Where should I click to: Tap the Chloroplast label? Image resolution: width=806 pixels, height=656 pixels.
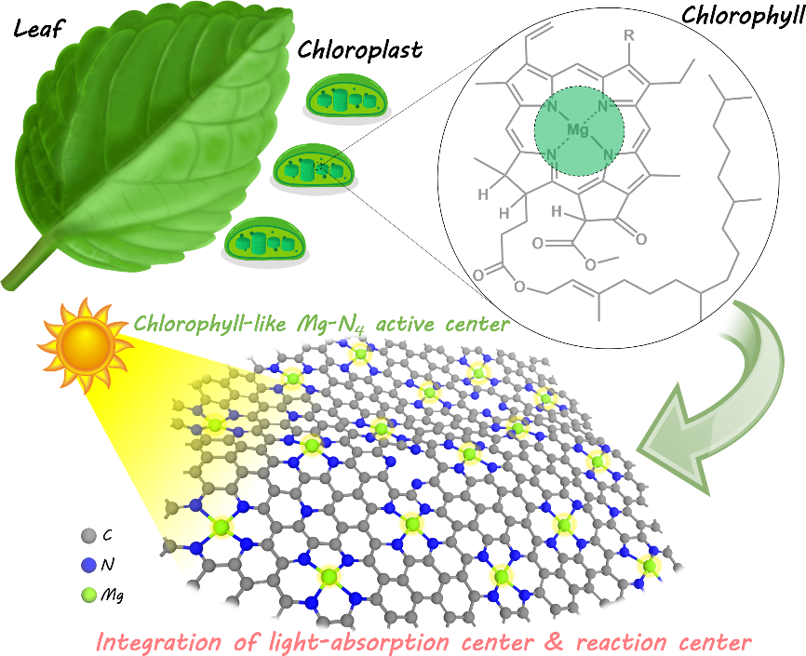point(359,49)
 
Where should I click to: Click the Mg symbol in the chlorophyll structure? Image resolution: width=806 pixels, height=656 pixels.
point(578,131)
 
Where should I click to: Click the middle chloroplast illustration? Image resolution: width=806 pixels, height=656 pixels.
point(313,168)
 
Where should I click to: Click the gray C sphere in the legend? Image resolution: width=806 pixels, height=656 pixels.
point(87,535)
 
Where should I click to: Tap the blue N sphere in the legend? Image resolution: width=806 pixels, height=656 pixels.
point(87,564)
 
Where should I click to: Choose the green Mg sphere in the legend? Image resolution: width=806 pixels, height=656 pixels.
point(87,594)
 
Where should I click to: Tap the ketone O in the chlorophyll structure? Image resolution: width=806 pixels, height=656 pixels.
point(641,239)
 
